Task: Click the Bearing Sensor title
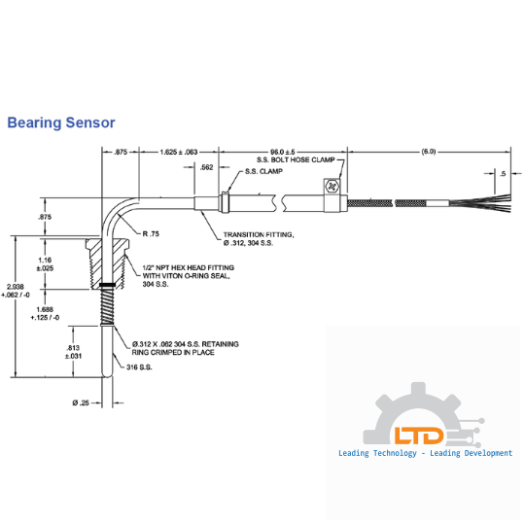[60, 123]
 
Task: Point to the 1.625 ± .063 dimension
[179, 152]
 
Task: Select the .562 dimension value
[206, 167]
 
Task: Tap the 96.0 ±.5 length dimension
[282, 152]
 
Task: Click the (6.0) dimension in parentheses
[429, 152]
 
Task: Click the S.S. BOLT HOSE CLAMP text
[295, 159]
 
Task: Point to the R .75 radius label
[151, 234]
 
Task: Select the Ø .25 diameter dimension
[81, 402]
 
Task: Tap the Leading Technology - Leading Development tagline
[425, 453]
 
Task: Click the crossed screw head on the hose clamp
[332, 186]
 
